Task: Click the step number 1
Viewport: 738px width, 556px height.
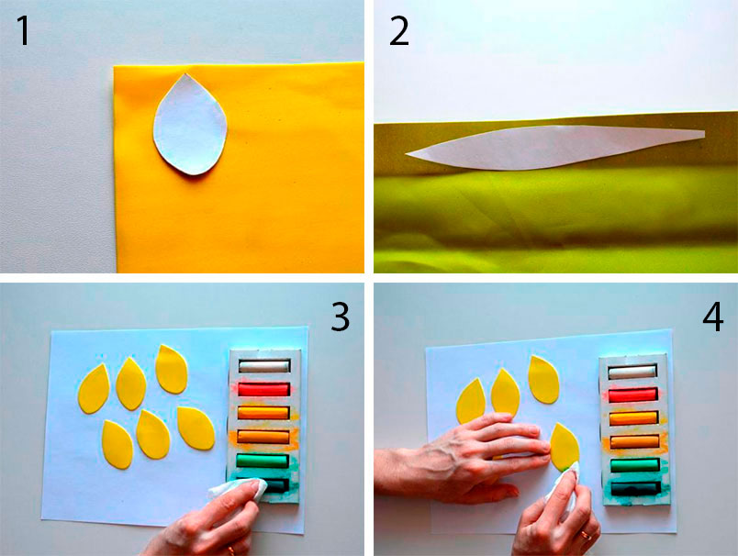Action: (x=23, y=30)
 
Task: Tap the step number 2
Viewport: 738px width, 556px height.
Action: (x=399, y=31)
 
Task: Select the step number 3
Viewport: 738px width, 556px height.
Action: (x=341, y=317)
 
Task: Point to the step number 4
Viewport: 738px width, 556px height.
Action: (x=712, y=317)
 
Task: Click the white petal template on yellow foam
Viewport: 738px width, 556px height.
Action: (x=191, y=125)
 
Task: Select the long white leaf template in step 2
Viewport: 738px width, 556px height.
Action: (x=555, y=147)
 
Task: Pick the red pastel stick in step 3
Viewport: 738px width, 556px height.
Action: (x=263, y=390)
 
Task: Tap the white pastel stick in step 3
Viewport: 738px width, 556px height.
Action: (x=263, y=365)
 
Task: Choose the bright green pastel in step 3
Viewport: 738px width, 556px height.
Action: (x=263, y=460)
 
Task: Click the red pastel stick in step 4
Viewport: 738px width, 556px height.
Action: (x=632, y=395)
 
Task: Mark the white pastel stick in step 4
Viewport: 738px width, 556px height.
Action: (x=632, y=373)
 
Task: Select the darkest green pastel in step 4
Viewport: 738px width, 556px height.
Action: (x=634, y=488)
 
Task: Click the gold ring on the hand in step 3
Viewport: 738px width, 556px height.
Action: (x=231, y=550)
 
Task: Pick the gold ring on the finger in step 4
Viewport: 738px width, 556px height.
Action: (x=586, y=534)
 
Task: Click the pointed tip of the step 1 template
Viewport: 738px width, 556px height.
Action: (x=185, y=73)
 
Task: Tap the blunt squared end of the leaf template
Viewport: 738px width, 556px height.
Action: (x=704, y=135)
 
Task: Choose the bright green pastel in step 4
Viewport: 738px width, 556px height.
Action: (x=633, y=465)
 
